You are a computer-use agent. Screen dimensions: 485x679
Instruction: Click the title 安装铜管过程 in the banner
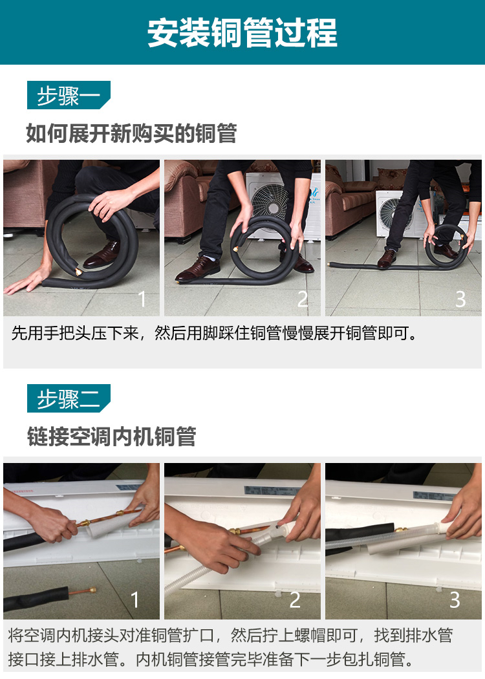(242, 32)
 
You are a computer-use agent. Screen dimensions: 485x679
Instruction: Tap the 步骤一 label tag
(69, 95)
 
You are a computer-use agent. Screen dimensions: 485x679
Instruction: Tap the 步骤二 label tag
(69, 398)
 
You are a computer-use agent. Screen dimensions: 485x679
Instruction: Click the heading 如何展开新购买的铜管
(131, 133)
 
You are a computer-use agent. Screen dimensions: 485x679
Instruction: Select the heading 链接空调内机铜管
(112, 436)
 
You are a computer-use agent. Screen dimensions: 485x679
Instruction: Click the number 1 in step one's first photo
(142, 299)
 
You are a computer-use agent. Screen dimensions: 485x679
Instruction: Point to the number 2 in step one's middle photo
(303, 299)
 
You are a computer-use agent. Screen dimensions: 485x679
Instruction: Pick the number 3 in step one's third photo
(460, 299)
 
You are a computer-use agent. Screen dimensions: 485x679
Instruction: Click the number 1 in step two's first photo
(135, 599)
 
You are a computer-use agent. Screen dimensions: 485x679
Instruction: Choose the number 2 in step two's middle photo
(295, 599)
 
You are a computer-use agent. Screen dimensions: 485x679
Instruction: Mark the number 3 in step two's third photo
(455, 599)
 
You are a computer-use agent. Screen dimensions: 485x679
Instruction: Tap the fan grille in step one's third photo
(390, 211)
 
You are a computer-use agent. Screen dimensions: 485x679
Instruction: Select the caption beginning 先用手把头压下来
(214, 333)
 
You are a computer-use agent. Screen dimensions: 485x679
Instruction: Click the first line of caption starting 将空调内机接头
(230, 635)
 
